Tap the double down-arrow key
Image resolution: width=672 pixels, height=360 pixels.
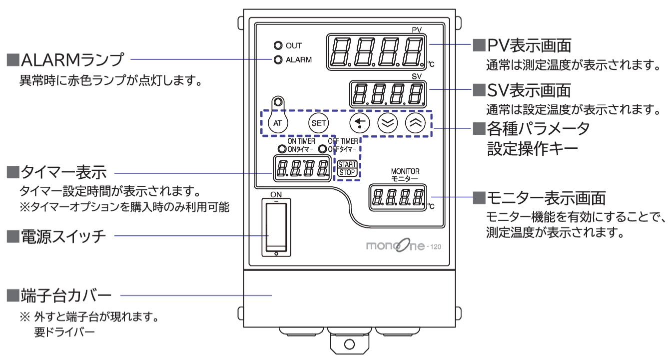387,122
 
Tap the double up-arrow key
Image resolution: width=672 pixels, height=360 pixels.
414,122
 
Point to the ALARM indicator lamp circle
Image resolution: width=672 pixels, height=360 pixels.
278,60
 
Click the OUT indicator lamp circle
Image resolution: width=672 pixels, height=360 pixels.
278,45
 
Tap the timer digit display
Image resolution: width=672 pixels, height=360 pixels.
303,168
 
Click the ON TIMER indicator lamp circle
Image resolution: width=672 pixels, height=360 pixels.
281,149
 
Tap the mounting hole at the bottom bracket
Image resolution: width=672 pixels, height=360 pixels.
349,344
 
